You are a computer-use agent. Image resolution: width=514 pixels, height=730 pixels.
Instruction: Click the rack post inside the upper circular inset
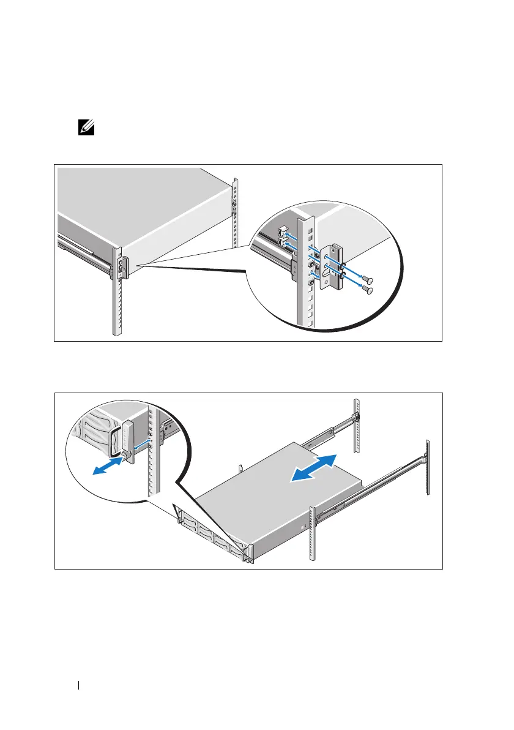pyautogui.click(x=303, y=276)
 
